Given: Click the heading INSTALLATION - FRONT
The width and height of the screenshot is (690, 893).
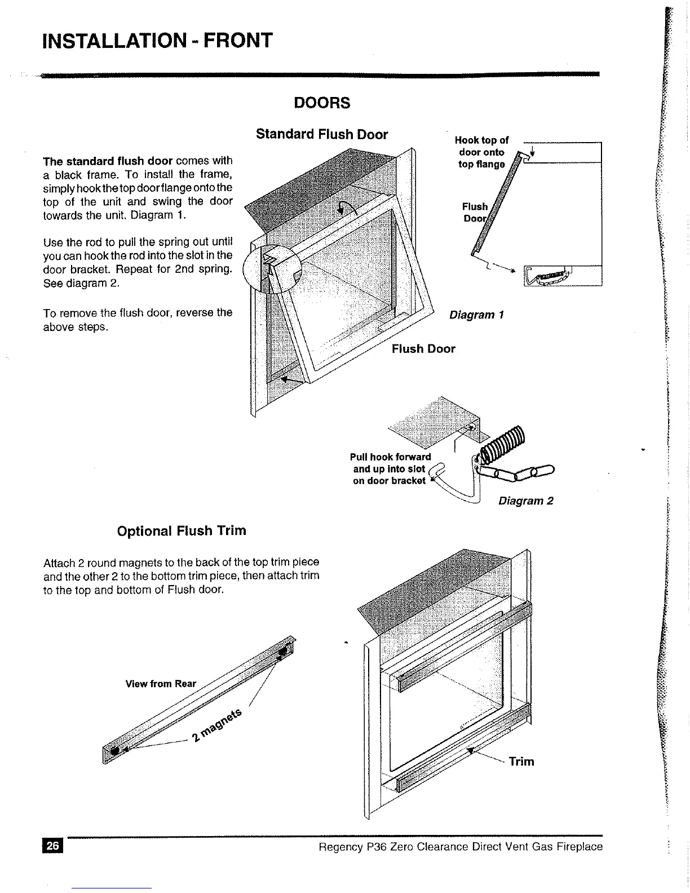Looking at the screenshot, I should (x=158, y=41).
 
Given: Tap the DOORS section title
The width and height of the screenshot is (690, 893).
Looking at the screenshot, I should (x=322, y=103).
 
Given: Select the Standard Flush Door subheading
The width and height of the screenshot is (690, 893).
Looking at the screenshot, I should (x=322, y=135).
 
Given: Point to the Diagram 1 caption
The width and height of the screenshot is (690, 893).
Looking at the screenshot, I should (x=476, y=315).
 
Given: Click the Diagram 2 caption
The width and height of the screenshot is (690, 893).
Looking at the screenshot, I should (x=526, y=501).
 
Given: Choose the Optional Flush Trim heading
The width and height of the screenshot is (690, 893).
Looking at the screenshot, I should (x=181, y=531).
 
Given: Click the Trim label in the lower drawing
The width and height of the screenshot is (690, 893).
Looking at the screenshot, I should (x=521, y=762).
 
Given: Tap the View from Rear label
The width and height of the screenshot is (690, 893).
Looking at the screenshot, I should (x=161, y=684).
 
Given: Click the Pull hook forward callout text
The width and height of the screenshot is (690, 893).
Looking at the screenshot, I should (x=390, y=468).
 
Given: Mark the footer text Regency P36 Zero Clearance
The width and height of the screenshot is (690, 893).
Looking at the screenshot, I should (x=460, y=847).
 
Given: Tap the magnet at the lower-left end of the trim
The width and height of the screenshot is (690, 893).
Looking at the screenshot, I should (x=115, y=751).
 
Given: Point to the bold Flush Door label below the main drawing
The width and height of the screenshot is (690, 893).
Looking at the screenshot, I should (x=423, y=349).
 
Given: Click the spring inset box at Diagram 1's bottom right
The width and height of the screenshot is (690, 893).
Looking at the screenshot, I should (x=562, y=276).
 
